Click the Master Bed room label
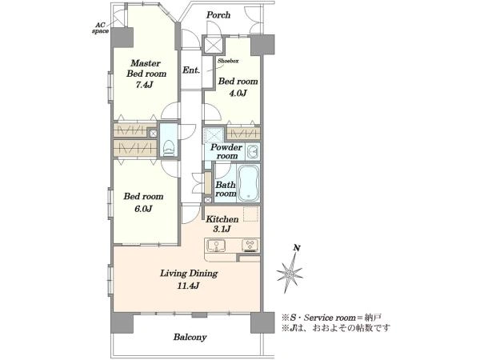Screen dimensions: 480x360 146,68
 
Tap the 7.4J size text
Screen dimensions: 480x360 144,85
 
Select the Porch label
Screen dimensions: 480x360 218,14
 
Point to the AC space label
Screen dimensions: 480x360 101,28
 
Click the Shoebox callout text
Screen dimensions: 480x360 228,61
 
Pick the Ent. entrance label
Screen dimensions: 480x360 191,70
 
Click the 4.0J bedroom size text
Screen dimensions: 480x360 238,93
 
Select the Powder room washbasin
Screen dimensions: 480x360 253,151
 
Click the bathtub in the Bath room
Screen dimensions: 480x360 249,183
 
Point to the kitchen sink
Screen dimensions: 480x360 216,246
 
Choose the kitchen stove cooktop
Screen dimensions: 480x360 250,246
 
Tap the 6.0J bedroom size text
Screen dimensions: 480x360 143,209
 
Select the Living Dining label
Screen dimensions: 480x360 189,274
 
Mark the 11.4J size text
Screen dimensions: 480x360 188,286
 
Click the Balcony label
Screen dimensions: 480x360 190,337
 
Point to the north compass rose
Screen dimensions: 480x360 290,273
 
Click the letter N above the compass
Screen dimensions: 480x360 296,248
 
